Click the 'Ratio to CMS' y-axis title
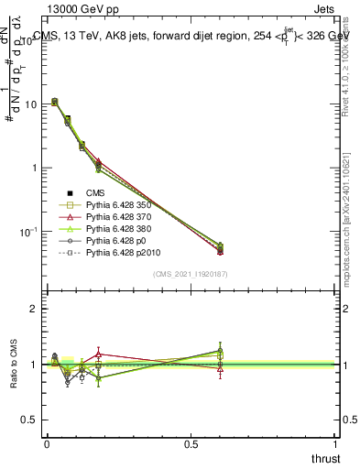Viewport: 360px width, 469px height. [x=16, y=365]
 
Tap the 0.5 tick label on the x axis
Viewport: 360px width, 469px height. [x=191, y=444]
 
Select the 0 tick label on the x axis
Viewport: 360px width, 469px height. [x=46, y=444]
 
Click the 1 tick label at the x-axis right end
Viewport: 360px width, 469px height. [x=335, y=444]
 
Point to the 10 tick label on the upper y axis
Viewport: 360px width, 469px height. [x=30, y=104]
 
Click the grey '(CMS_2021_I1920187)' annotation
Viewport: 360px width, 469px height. [x=191, y=275]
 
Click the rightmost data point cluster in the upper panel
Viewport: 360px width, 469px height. [x=220, y=248]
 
